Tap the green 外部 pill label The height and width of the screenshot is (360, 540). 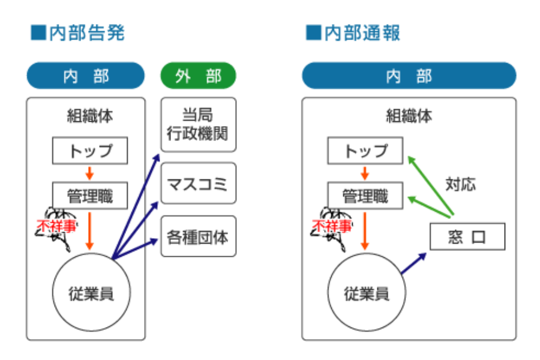point(198,76)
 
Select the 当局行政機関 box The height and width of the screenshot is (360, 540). point(198,125)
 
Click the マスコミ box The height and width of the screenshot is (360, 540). point(198,183)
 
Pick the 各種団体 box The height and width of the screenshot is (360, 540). point(198,236)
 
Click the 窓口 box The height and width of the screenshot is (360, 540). point(467,237)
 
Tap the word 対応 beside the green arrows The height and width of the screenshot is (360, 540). point(460,184)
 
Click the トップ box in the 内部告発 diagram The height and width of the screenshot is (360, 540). point(90,150)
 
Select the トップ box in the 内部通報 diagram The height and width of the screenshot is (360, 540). point(365,150)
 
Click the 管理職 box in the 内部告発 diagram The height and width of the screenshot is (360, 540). point(90,196)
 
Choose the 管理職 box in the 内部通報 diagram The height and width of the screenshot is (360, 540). point(365,196)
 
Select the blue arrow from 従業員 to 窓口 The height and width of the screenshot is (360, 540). point(413,263)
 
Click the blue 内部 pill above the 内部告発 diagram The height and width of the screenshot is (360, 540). point(86,76)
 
